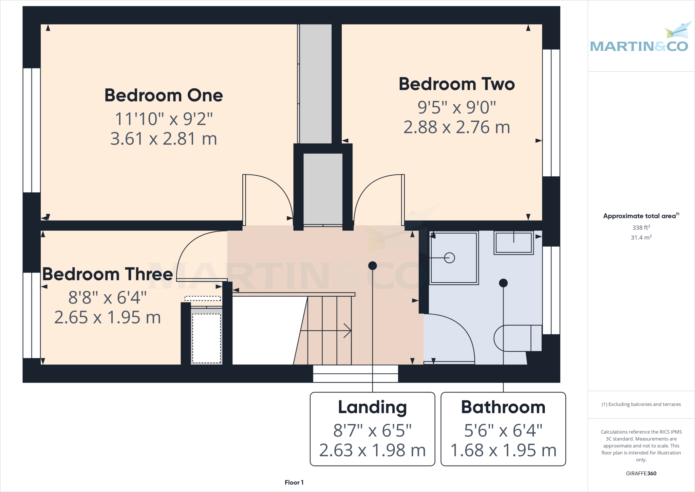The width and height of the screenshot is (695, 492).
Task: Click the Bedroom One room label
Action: tap(164, 95)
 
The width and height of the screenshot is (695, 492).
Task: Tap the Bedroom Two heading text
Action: tap(456, 84)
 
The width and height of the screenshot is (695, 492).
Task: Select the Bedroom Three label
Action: tap(108, 274)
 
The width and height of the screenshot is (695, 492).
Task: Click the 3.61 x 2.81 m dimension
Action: tap(164, 139)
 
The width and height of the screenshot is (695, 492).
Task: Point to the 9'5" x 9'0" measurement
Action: tap(456, 107)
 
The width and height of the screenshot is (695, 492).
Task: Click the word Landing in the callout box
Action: tap(372, 407)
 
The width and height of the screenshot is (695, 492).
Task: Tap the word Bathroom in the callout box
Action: tap(503, 407)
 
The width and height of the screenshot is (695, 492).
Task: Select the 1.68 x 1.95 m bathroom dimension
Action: tap(503, 451)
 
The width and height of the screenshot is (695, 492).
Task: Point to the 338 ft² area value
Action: tap(641, 228)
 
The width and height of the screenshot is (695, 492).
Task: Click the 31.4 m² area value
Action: tap(641, 238)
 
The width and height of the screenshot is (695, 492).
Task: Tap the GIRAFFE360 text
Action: tap(641, 473)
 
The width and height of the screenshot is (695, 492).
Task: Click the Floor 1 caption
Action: tap(294, 482)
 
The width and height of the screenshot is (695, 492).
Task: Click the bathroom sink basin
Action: tap(513, 243)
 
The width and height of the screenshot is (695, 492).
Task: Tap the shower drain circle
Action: tap(449, 258)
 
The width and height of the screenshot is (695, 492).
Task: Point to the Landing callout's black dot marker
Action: tap(372, 266)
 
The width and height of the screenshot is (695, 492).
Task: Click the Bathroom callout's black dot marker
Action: tap(503, 283)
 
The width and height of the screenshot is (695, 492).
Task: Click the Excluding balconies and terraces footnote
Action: tap(641, 404)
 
